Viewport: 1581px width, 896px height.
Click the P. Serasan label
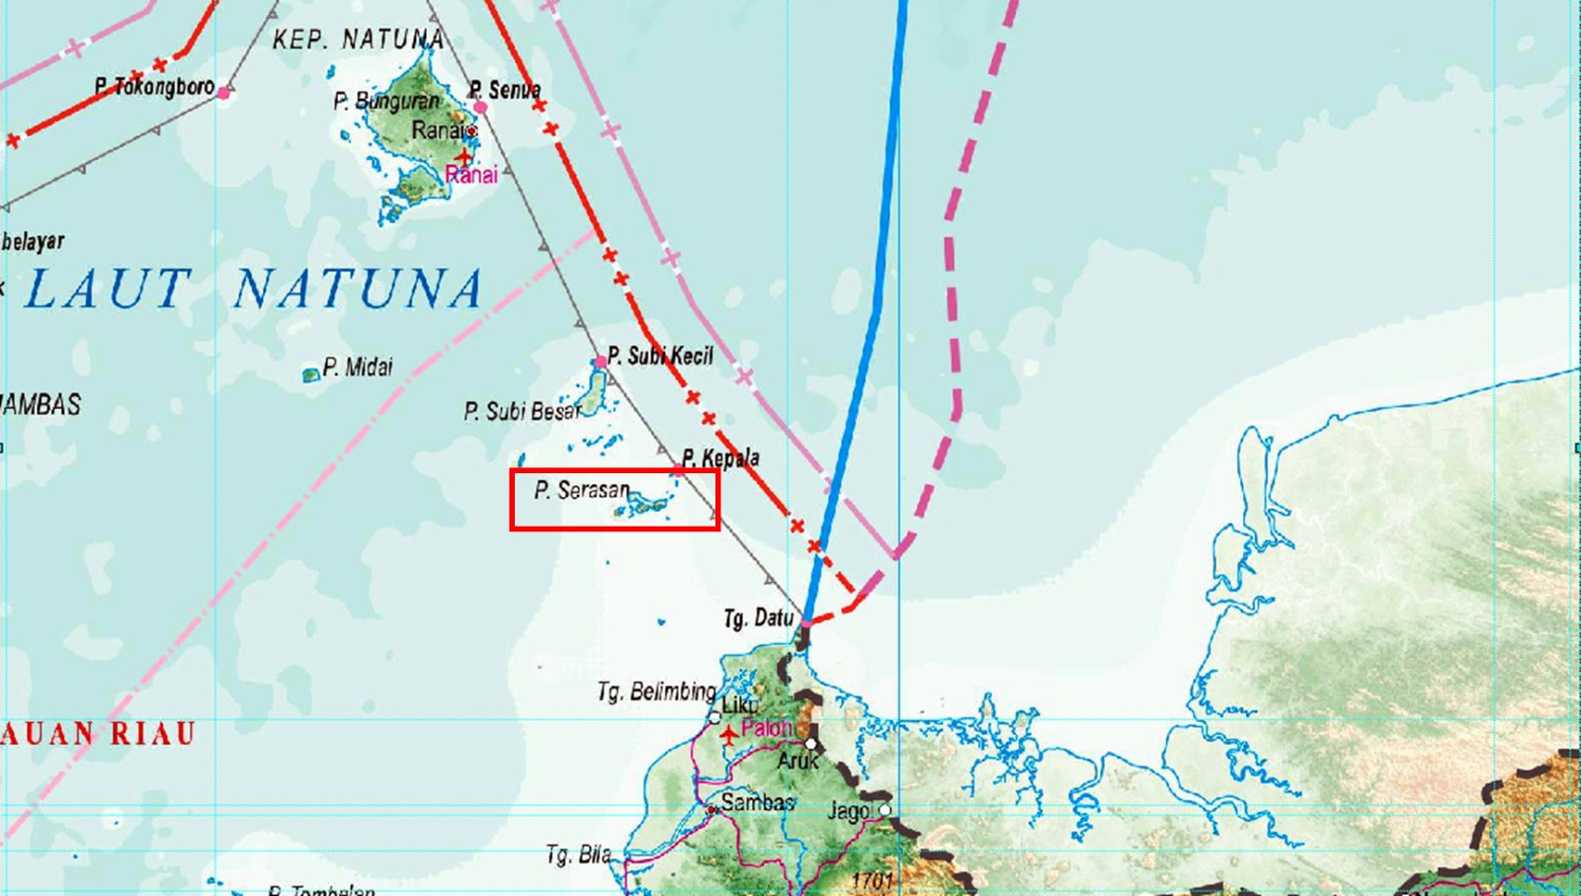pos(582,490)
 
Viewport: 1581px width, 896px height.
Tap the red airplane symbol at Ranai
pos(463,156)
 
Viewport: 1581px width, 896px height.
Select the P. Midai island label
pos(358,367)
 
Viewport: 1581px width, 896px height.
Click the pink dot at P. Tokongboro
pos(224,93)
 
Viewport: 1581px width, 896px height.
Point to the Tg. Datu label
pos(758,618)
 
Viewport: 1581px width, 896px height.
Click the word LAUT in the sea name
pos(109,289)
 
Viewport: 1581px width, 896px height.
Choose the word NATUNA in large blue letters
pos(358,289)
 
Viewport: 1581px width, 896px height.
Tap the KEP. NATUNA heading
pos(358,40)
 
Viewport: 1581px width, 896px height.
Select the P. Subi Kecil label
pos(660,356)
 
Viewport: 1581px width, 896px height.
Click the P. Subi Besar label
pos(522,411)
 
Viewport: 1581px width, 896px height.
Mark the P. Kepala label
pos(721,458)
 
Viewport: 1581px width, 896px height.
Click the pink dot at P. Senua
pos(480,107)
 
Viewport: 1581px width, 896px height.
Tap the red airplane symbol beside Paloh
pos(728,734)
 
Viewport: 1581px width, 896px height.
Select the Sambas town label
pos(757,802)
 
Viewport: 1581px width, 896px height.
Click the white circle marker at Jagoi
pos(885,810)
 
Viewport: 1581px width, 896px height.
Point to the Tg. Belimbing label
pos(656,691)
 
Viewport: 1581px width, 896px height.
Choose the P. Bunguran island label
pos(385,101)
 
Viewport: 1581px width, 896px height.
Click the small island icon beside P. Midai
pos(310,374)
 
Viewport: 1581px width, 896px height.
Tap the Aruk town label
pos(797,761)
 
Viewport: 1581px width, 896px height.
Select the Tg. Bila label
pos(578,855)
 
